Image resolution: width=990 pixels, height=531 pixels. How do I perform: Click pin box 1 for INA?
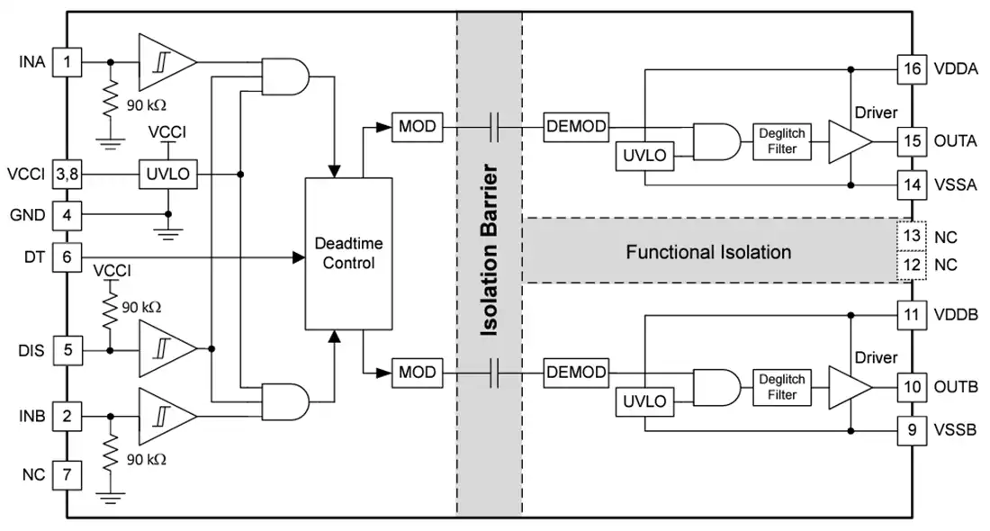point(67,62)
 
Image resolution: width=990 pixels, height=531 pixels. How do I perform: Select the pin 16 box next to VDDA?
point(912,68)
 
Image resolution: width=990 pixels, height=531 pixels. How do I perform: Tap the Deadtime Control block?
point(348,253)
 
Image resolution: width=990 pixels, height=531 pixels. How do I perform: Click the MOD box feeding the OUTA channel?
point(418,126)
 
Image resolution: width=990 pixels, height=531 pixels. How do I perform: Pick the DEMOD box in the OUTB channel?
point(576,372)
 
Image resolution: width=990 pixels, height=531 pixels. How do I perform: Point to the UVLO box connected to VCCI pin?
point(168,174)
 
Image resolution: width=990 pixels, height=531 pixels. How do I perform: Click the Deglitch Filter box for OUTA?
point(781,140)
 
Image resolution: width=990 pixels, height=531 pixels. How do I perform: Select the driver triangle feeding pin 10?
point(850,387)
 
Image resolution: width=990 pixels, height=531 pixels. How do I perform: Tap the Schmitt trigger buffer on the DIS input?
point(167,348)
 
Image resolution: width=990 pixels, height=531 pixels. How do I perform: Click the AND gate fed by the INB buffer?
point(285,401)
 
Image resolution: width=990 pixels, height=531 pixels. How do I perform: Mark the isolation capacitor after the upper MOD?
point(494,127)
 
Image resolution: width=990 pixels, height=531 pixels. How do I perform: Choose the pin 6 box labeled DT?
point(67,257)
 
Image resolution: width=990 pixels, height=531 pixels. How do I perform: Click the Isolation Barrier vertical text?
point(490,250)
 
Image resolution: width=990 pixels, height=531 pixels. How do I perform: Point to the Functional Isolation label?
point(708,252)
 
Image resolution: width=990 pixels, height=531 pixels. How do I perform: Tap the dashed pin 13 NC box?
point(912,236)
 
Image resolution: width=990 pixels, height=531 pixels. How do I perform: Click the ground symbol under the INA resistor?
point(111,143)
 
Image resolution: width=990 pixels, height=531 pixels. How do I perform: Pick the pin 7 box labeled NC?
point(67,474)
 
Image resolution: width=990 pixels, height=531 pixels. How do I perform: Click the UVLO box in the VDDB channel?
point(644,400)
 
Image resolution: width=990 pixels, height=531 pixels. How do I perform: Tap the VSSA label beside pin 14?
point(955,185)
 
